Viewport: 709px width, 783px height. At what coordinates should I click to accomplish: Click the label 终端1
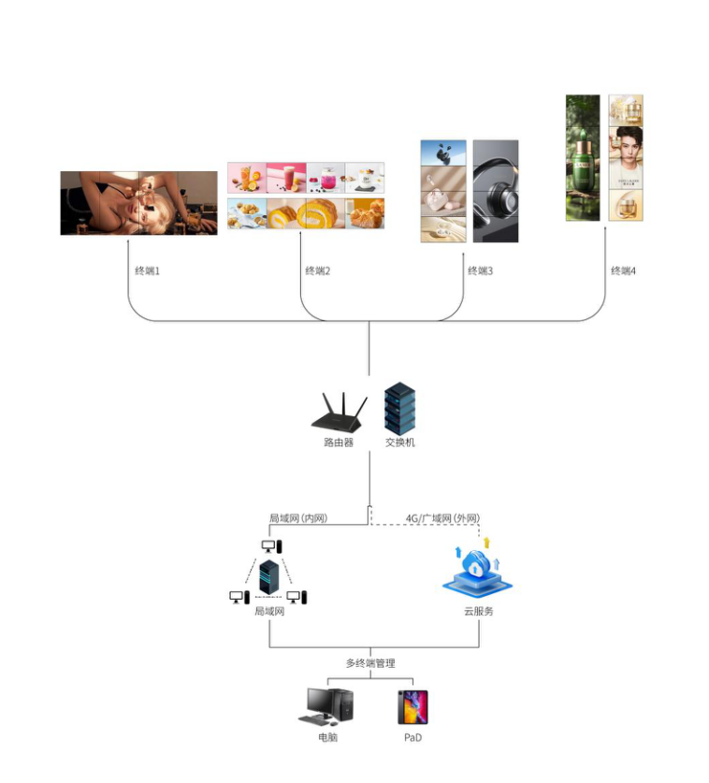click(148, 271)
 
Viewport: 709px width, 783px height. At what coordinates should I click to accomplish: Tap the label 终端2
click(318, 271)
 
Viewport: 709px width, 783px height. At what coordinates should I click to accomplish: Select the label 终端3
click(480, 271)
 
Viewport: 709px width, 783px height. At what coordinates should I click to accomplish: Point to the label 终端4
click(624, 271)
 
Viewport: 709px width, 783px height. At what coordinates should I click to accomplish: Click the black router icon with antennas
click(340, 413)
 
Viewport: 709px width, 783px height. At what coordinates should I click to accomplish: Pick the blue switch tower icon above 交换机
click(399, 407)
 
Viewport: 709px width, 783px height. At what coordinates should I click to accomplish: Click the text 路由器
click(339, 442)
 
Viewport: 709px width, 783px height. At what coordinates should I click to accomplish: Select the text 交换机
click(400, 442)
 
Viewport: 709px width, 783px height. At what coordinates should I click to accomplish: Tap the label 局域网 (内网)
click(297, 518)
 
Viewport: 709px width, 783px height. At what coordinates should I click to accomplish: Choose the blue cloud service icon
click(477, 572)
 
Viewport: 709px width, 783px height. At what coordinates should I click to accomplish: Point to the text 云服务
click(478, 611)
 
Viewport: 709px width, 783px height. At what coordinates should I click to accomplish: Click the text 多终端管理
click(369, 663)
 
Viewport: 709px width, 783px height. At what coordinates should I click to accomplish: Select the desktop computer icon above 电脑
click(326, 707)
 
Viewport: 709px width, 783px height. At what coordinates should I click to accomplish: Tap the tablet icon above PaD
click(412, 707)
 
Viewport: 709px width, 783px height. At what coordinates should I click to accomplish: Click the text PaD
click(413, 738)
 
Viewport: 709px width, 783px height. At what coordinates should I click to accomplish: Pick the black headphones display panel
click(495, 191)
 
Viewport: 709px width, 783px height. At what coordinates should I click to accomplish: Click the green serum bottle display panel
click(583, 157)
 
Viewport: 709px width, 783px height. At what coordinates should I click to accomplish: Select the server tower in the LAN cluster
click(269, 580)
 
